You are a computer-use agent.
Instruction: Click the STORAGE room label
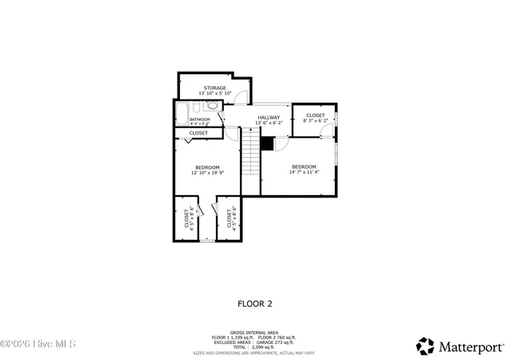(x=214, y=88)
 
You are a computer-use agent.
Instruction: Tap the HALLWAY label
(x=269, y=118)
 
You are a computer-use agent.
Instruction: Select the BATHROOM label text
(x=199, y=119)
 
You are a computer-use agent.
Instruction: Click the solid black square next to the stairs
(x=267, y=144)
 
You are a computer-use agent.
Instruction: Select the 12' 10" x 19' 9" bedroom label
(x=207, y=170)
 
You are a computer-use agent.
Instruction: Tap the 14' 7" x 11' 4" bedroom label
(x=304, y=169)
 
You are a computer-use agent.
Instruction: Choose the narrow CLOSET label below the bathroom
(x=198, y=133)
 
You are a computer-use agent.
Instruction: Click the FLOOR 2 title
(x=255, y=303)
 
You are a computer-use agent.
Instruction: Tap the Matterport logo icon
(x=426, y=346)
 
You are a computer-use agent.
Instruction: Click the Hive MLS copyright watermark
(x=38, y=345)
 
